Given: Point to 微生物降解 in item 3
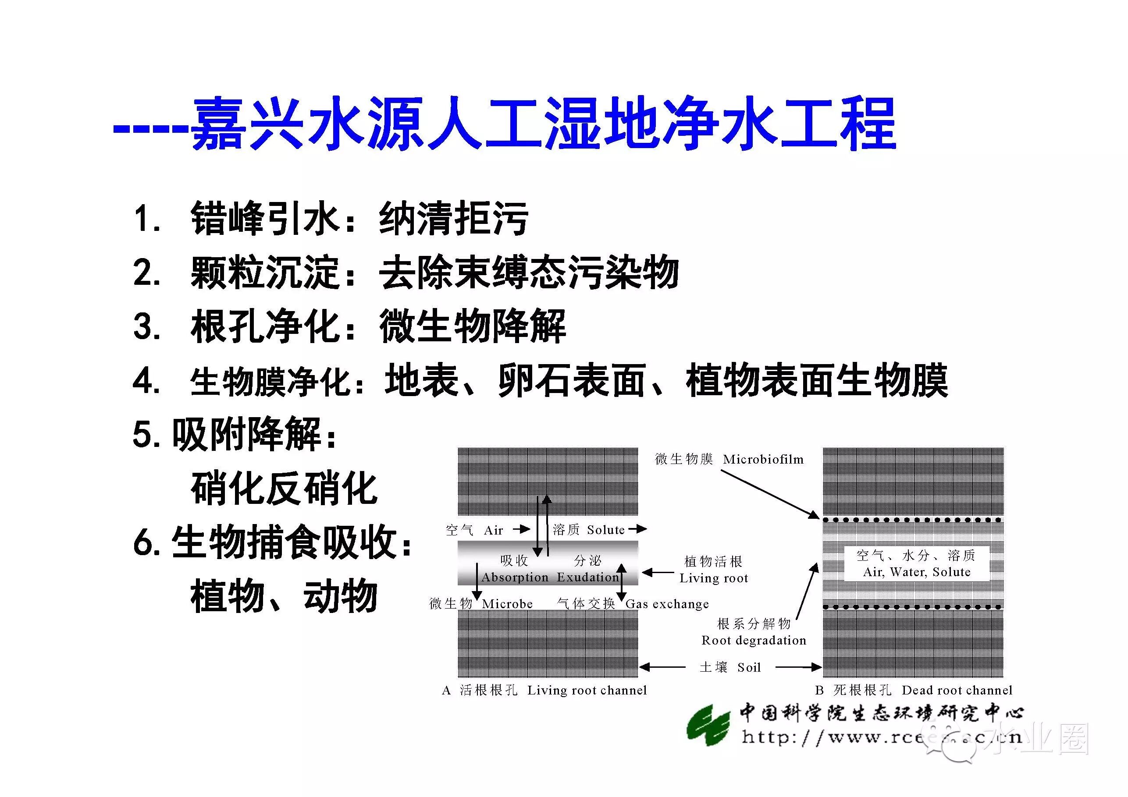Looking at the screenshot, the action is tap(472, 326).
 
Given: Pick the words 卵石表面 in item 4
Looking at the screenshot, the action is tap(571, 381).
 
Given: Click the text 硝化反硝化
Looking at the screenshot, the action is tap(284, 489).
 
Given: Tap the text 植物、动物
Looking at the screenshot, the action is tap(284, 595).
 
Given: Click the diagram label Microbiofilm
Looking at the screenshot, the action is tap(763, 460).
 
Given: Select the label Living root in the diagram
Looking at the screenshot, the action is tap(713, 578).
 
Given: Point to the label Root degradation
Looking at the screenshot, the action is tap(754, 640).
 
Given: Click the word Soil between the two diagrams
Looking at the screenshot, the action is tap(749, 667).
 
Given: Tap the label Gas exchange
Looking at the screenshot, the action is tap(667, 604).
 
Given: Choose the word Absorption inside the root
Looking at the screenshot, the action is tap(515, 577).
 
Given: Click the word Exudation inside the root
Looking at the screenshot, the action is tap(587, 577).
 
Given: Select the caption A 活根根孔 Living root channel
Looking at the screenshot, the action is tap(544, 691).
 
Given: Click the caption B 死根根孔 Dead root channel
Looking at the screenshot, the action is tap(913, 691).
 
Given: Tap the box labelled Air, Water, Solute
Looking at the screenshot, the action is tap(916, 564).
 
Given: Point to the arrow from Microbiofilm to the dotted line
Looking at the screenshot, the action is tap(769, 494).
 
